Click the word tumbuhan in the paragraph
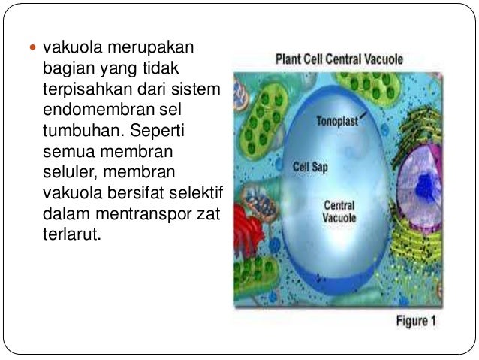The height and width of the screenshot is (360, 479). [74, 131]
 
